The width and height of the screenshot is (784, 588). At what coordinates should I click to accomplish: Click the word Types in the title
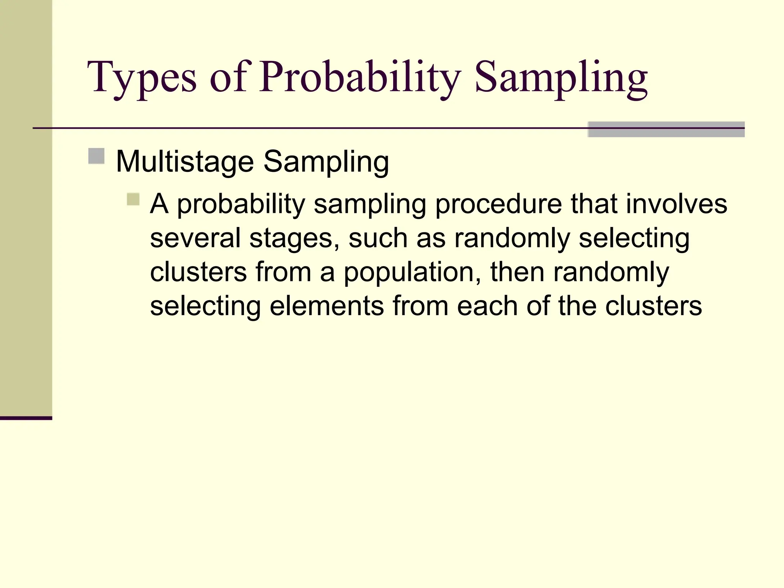pos(142,78)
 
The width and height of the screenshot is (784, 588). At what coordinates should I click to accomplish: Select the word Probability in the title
pos(360,78)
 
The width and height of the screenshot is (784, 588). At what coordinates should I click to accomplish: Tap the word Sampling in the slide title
pos(561,78)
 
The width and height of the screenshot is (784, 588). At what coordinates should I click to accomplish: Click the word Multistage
pos(185,162)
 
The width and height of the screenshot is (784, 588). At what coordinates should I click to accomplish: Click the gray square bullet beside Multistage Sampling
pos(96,156)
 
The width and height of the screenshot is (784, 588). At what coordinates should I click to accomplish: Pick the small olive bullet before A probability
pos(133,199)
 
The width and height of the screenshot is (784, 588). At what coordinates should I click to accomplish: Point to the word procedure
pos(498,204)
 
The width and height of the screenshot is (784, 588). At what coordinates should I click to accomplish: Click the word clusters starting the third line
pos(198,272)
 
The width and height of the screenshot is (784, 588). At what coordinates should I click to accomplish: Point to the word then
pos(517,272)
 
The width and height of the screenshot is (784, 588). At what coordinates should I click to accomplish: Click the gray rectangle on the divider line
pos(666,129)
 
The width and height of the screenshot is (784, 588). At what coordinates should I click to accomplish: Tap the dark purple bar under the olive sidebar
pos(26,418)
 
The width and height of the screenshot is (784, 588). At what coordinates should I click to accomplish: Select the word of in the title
pos(229,78)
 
